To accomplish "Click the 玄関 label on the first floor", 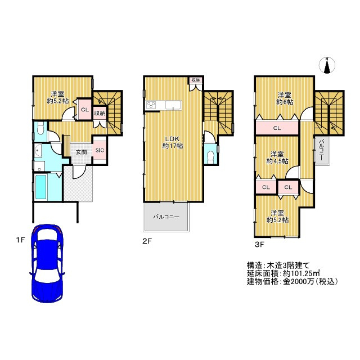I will [81, 151].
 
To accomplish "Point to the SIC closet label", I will [99, 150].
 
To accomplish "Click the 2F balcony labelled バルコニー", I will [166, 217].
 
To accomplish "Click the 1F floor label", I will [20, 240].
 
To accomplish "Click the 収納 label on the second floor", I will [195, 80].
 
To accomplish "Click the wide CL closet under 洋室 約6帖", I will [276, 128].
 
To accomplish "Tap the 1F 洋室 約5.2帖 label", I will [58, 97].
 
